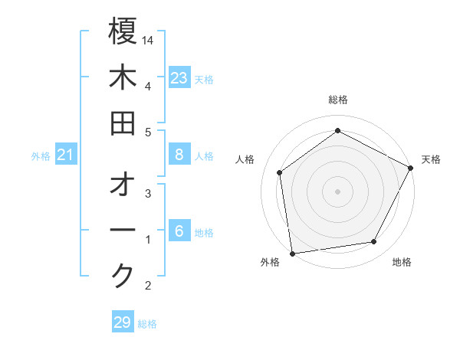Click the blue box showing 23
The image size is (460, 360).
click(179, 77)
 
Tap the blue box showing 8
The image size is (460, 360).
click(179, 155)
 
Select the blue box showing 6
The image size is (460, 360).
click(179, 231)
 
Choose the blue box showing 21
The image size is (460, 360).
click(66, 155)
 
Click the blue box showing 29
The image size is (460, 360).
click(123, 322)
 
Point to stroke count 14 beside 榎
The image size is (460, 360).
click(148, 39)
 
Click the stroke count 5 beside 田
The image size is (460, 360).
click(148, 132)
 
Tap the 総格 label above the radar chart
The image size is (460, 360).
click(338, 100)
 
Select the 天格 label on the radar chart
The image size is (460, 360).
click(431, 159)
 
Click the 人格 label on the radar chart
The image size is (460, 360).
click(245, 159)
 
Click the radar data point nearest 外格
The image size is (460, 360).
click(292, 253)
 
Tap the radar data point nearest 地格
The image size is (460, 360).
click(374, 241)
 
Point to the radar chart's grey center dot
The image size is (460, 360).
click(338, 191)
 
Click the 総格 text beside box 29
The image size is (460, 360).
click(147, 323)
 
